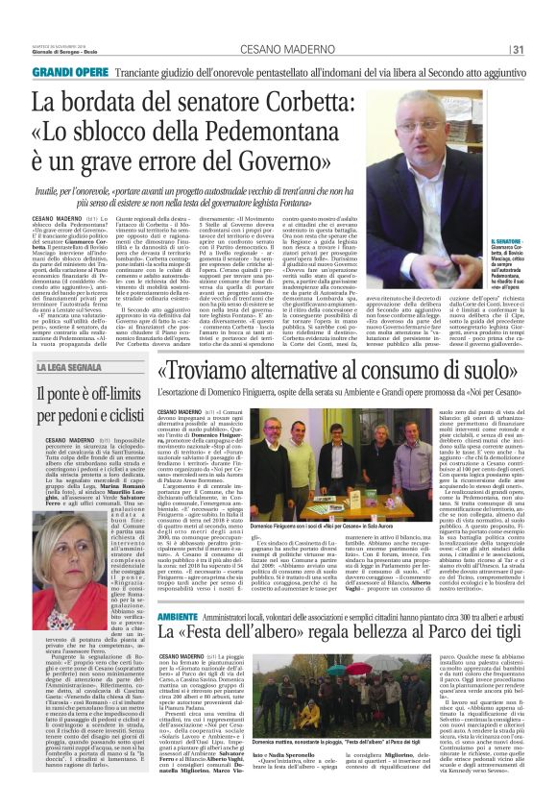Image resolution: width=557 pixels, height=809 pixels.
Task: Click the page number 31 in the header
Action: (517, 50)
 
